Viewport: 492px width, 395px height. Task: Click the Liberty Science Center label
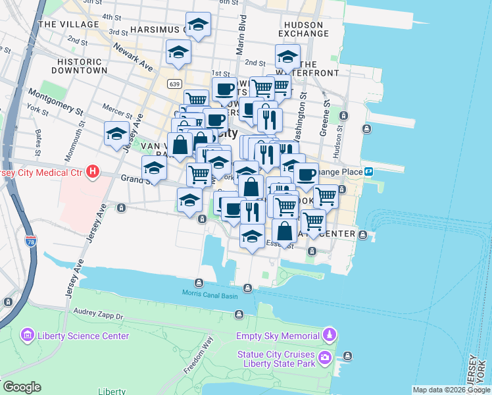(83, 336)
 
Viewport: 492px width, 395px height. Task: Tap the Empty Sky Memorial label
(278, 336)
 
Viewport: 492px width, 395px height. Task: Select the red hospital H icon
(93, 172)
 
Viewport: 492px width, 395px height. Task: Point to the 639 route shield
(174, 84)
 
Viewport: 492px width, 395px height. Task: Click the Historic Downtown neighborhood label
(78, 65)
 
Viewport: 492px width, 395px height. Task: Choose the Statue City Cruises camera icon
(325, 358)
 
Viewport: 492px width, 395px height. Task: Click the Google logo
(21, 387)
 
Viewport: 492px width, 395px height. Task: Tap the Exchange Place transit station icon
(369, 172)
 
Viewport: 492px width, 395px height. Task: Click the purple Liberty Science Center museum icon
(28, 336)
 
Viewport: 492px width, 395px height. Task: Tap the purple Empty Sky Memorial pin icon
(330, 336)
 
